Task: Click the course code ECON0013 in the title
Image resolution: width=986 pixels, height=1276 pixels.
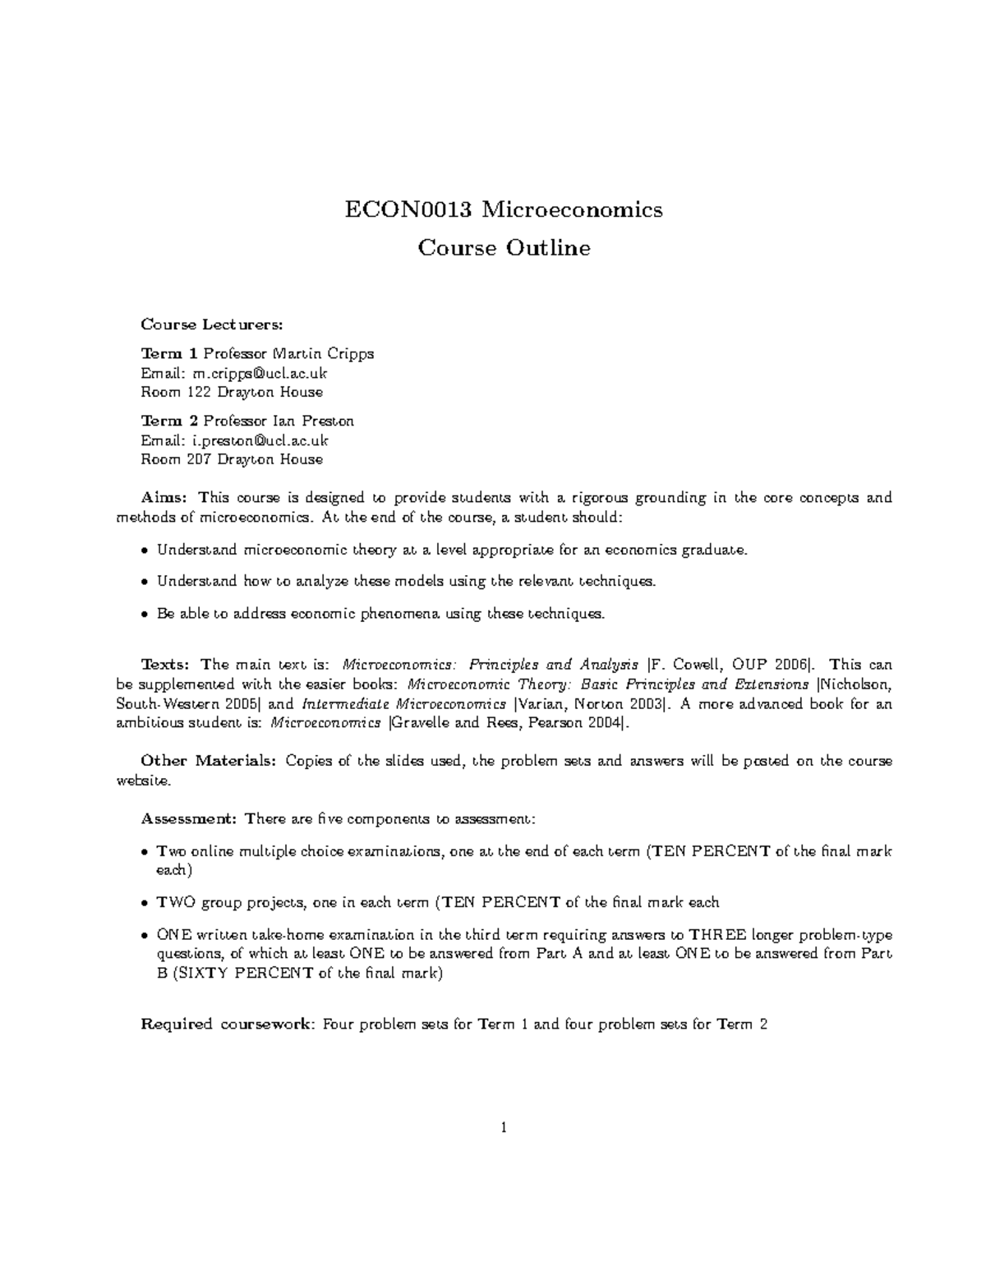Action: point(408,210)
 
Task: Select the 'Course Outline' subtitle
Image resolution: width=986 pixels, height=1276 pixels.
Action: point(504,247)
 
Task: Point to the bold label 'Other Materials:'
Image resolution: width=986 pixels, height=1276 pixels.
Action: point(209,761)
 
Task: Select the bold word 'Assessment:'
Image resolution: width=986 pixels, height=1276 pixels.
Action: point(189,819)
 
